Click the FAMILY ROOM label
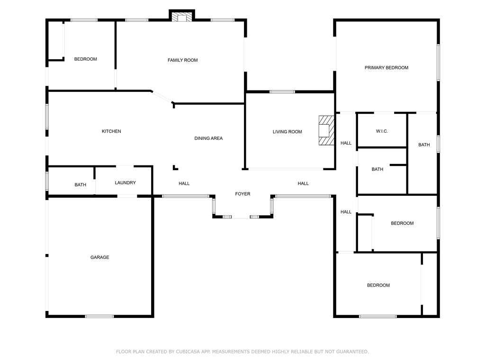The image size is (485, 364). point(182,60)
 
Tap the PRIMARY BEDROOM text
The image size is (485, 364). point(386,68)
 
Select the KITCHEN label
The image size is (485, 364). point(111,131)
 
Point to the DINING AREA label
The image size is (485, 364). point(208,138)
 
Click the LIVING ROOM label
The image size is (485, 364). point(287,132)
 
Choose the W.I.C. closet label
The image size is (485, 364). point(382,131)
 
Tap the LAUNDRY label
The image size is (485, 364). point(125,183)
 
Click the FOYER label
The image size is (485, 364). point(242,194)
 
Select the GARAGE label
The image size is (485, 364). point(99,257)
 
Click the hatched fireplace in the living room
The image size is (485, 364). point(326,130)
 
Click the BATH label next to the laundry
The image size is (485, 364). point(80,185)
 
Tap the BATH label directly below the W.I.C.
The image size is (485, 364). point(377,169)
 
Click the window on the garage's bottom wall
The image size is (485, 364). point(99,316)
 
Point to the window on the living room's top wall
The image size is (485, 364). point(282,91)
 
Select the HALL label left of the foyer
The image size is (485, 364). point(184,183)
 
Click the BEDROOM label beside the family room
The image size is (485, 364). point(85,59)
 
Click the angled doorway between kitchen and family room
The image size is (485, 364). point(162,97)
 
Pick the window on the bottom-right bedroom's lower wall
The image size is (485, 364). point(377,316)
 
